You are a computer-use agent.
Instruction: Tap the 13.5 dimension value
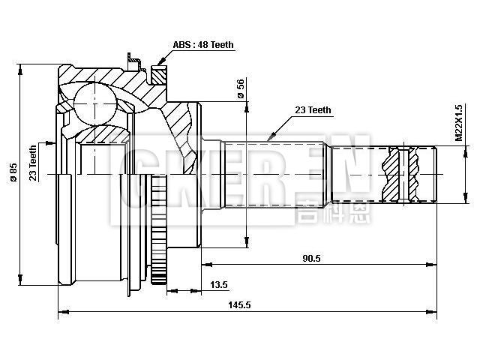(x=219, y=285)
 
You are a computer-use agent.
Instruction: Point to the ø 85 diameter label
(x=13, y=174)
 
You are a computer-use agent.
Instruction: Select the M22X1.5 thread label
(x=458, y=123)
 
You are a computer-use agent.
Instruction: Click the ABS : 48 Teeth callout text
(x=203, y=45)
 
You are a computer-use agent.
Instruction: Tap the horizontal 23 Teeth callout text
(x=313, y=110)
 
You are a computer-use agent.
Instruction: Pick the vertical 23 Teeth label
(x=33, y=163)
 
